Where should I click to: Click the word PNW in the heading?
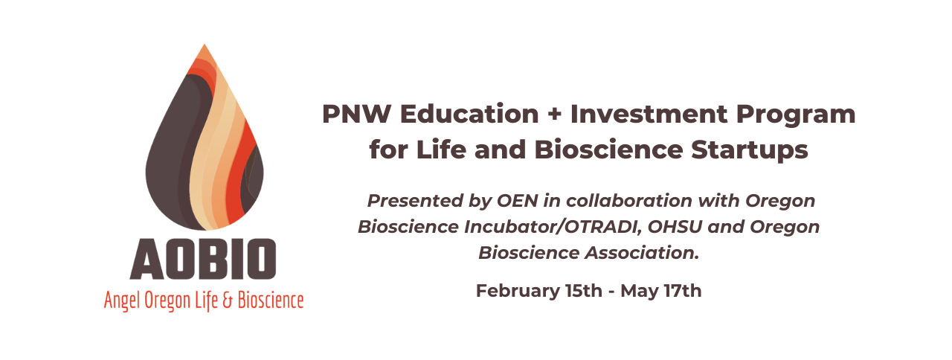coord(356,114)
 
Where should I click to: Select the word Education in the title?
coord(469,114)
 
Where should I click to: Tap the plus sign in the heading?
coord(554,115)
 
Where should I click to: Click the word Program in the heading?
coord(796,115)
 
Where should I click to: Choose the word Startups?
coord(749,150)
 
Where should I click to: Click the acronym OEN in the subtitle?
coord(517,201)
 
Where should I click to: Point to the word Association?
coord(642,252)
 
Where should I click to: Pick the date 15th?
coord(584,291)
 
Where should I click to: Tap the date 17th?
coord(683,291)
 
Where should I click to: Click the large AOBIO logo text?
coord(203,259)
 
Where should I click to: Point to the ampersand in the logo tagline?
coord(228,300)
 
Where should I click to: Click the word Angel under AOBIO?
coord(122,301)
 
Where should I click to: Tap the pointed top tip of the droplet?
coord(205,44)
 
